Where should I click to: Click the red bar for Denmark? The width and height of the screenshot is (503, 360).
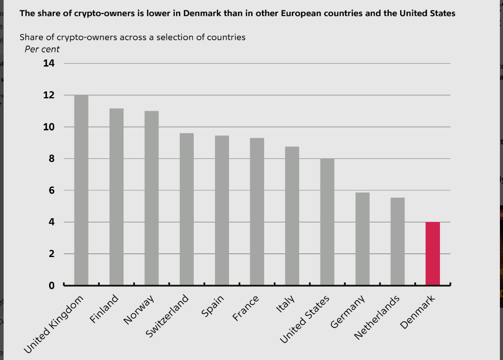(433, 253)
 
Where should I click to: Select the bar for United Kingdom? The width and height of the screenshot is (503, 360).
(81, 190)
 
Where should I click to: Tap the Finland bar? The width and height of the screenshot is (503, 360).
(116, 197)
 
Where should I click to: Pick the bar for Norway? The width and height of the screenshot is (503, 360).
(151, 198)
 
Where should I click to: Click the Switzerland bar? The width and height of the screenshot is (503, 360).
(187, 209)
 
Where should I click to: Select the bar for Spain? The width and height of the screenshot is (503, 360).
(222, 210)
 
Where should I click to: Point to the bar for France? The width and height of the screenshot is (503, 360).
(257, 212)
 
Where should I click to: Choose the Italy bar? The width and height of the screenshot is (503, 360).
(292, 216)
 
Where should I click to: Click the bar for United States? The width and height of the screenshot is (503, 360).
(327, 222)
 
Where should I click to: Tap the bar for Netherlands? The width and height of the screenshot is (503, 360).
(398, 242)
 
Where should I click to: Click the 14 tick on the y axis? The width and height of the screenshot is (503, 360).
(49, 63)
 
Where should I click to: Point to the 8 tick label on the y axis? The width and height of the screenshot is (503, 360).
(51, 159)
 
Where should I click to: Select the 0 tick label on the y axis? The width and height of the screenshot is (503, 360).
(51, 286)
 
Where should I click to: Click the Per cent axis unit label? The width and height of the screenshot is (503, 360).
(42, 49)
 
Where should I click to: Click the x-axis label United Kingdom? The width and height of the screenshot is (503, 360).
(54, 325)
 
